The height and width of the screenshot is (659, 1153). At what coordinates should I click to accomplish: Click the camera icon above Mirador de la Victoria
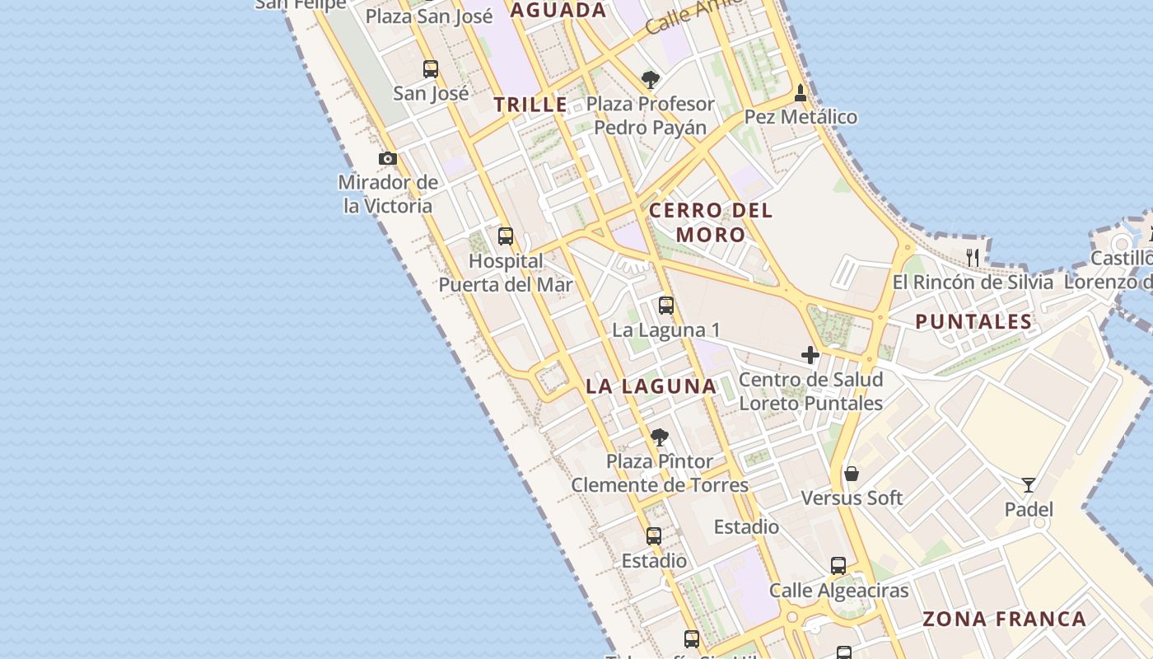(x=388, y=158)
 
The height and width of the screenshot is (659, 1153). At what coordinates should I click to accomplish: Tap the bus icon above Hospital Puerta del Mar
(x=506, y=236)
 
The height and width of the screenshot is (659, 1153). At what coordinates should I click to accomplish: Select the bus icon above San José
(x=431, y=69)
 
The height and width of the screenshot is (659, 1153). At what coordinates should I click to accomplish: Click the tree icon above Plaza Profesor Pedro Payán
(x=651, y=80)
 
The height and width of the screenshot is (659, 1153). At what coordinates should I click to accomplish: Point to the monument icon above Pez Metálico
(x=801, y=93)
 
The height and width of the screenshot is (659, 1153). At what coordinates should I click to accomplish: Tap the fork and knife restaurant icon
(x=973, y=258)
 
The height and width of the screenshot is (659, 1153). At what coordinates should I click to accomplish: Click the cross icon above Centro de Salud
(x=810, y=355)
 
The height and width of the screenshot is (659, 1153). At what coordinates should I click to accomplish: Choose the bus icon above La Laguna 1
(x=666, y=306)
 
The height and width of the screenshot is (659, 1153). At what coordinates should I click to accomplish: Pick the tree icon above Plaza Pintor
(x=659, y=437)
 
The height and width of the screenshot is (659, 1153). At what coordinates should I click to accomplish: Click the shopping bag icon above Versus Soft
(x=852, y=474)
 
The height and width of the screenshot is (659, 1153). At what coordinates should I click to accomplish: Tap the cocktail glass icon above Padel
(x=1029, y=484)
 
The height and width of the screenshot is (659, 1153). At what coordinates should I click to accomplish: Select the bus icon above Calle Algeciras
(x=838, y=566)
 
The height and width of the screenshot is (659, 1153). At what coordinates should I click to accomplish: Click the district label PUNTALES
(x=973, y=321)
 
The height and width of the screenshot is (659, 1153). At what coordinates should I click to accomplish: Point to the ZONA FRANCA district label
(x=1004, y=619)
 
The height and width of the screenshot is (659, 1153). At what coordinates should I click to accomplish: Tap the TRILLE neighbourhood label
(x=531, y=105)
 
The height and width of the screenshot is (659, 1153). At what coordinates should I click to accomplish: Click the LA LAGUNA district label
(x=651, y=386)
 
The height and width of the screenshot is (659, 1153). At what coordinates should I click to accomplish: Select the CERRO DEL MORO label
(x=711, y=222)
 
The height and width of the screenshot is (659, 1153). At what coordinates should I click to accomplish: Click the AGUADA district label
(x=558, y=11)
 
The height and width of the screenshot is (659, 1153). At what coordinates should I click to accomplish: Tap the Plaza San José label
(x=429, y=16)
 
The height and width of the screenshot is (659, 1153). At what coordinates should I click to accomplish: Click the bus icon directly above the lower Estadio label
(x=654, y=536)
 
